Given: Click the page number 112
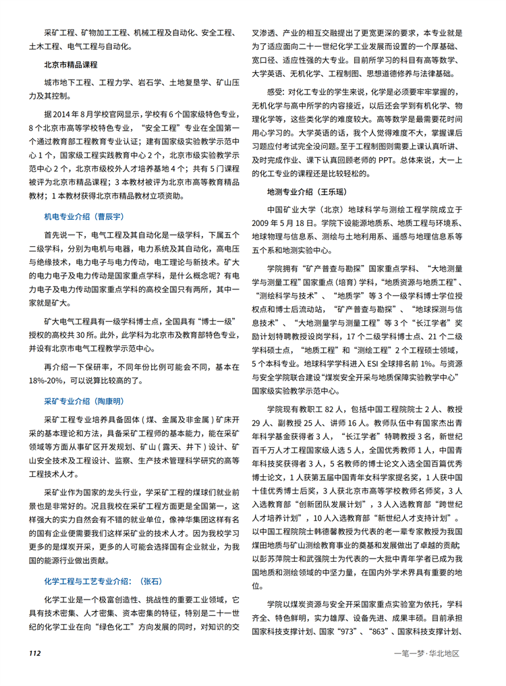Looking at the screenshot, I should click(x=36, y=654).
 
